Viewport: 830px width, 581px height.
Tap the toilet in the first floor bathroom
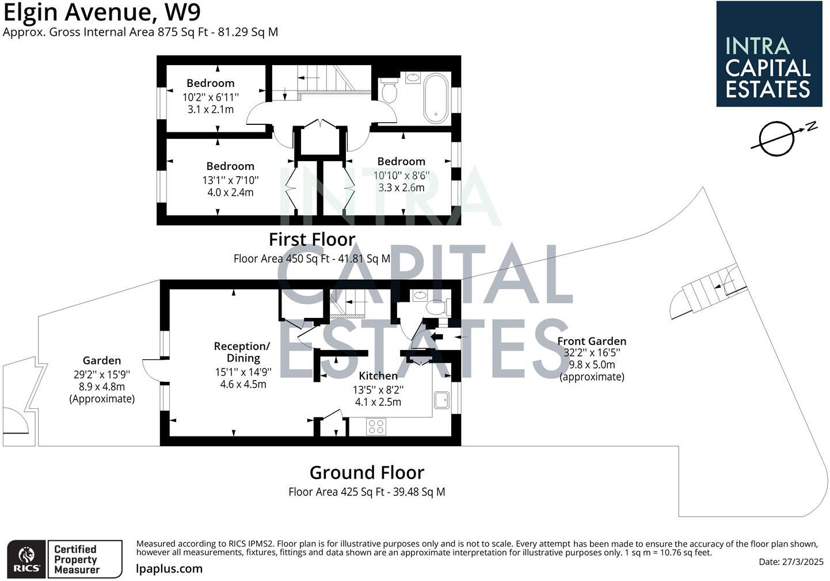(389, 90)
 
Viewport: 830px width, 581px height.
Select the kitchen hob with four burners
(376, 427)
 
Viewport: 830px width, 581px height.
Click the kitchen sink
(441, 400)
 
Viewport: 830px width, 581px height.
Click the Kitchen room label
(378, 375)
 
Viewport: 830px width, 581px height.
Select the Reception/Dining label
(242, 352)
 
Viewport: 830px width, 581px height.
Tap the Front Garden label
(591, 341)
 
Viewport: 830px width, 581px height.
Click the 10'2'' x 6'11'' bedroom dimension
(210, 97)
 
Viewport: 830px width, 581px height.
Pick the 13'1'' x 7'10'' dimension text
(230, 180)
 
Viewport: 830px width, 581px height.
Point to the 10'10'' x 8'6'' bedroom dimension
(401, 176)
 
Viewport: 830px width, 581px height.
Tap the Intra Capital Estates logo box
(768, 54)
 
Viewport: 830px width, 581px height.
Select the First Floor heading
(312, 239)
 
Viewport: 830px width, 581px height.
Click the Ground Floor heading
(367, 472)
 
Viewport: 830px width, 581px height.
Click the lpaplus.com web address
(169, 568)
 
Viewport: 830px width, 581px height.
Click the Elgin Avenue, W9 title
(102, 12)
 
